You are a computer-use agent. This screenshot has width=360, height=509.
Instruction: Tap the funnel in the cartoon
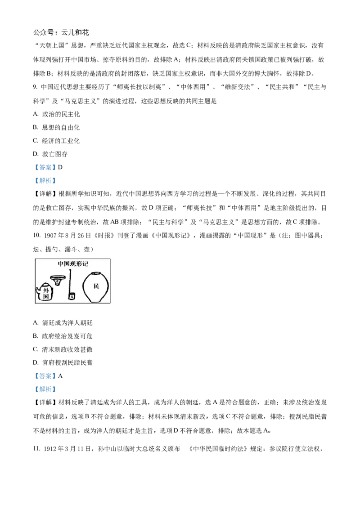(58, 280)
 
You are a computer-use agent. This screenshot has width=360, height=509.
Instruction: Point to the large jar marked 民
(95, 286)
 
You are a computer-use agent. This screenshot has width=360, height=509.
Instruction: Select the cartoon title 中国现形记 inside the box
(73, 264)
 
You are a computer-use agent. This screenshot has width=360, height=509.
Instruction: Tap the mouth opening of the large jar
(95, 273)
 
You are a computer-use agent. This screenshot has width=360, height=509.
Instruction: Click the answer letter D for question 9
(60, 168)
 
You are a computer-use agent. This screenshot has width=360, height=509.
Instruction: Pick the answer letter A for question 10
(60, 376)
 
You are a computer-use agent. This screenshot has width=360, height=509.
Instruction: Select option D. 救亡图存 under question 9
(50, 154)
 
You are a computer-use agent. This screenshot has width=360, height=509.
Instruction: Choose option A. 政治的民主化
(56, 114)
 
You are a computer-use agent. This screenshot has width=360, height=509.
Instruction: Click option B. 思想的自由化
(56, 127)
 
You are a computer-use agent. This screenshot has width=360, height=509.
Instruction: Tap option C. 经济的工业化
(56, 141)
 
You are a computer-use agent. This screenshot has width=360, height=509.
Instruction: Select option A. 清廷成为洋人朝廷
(63, 323)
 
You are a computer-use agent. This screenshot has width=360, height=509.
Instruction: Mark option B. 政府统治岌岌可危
(63, 336)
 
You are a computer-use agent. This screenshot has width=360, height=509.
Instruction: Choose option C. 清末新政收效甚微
(63, 349)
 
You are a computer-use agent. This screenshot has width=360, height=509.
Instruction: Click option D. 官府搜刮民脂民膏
(63, 362)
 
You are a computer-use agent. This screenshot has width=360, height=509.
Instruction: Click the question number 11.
(36, 449)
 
